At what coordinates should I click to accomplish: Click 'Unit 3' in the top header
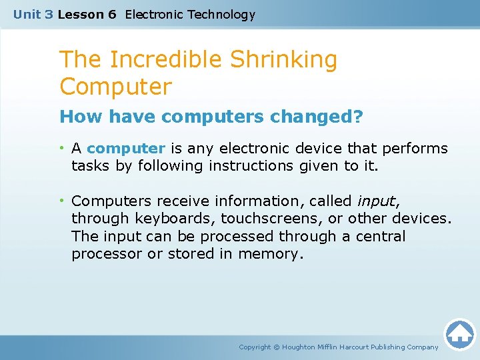(33, 14)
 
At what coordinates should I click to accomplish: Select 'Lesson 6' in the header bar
(87, 14)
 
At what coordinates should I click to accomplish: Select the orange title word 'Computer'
(115, 87)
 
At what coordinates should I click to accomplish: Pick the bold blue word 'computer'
(126, 148)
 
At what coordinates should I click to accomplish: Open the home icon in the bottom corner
(459, 334)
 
